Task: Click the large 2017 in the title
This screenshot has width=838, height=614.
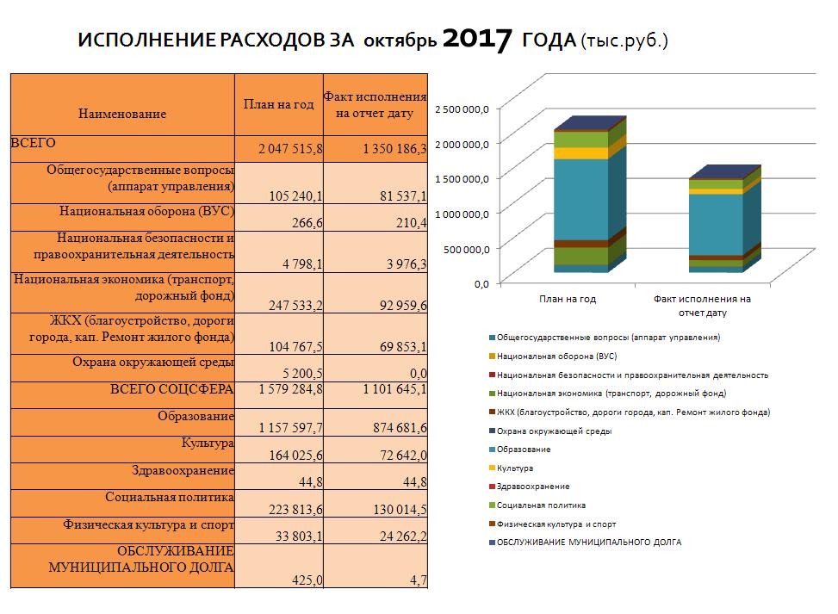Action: point(477,40)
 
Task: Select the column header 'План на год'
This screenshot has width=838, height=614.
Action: point(278,104)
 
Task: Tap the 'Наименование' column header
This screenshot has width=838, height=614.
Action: point(122,114)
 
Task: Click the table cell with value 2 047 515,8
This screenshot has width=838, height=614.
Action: point(290,149)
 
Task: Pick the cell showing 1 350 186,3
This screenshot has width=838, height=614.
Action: point(394,149)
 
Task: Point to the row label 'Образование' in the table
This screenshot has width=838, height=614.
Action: point(196,416)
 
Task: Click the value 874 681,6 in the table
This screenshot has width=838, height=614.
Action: point(400,427)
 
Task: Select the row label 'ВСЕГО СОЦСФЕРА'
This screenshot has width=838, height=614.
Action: point(171,389)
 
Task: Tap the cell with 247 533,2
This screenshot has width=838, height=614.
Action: point(295,305)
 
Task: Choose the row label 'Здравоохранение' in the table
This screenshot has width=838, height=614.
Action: point(183,471)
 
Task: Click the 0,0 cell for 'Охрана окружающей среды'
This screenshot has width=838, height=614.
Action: point(418,373)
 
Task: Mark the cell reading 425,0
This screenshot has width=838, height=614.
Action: point(307,580)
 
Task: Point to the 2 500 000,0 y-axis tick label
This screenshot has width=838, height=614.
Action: point(462,109)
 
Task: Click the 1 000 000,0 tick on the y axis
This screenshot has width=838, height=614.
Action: point(462,214)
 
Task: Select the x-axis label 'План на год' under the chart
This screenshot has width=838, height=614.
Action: point(567,299)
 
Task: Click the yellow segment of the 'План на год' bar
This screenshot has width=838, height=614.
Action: point(581,153)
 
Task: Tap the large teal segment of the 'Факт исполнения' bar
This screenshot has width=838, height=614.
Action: point(717,225)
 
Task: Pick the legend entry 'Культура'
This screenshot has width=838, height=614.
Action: point(511,468)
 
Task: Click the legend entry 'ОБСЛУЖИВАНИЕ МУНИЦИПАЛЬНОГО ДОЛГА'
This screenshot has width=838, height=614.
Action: point(585,542)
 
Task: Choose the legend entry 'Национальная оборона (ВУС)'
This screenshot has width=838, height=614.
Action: point(553,356)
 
